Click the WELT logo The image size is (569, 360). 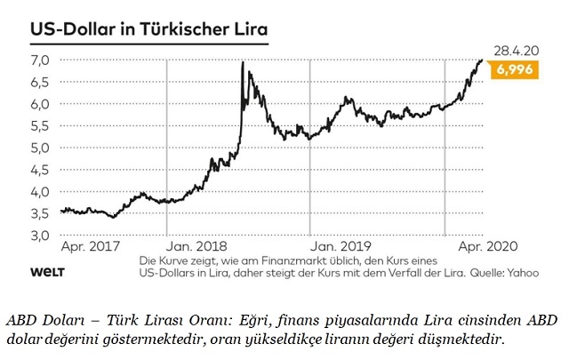pos(46,270)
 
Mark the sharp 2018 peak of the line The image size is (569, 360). pos(243,62)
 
